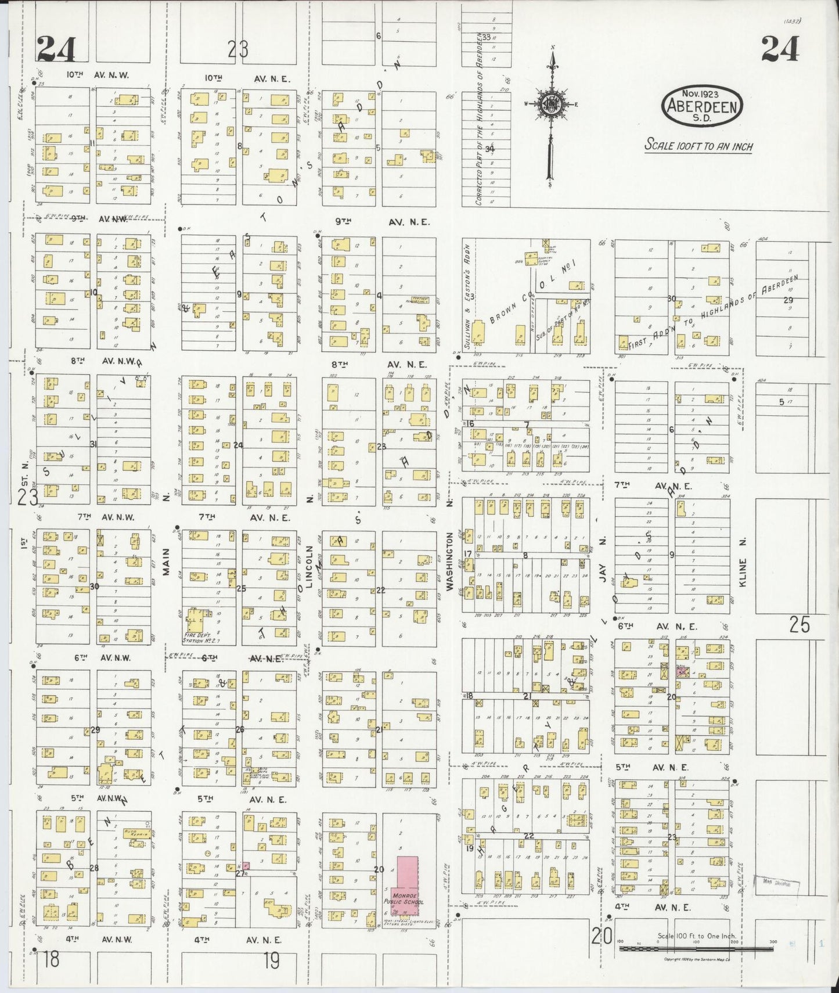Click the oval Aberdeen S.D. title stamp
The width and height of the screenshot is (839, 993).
703,106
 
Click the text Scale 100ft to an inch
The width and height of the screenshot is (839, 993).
698,145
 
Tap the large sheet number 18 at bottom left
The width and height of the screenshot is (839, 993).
51,959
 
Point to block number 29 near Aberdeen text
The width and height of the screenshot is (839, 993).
787,300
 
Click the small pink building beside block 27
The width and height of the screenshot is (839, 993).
246,866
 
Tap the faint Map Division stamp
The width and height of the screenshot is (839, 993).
776,884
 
